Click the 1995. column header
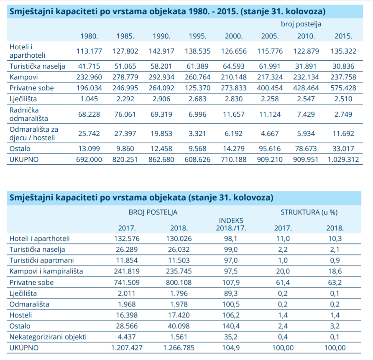pos(197,36)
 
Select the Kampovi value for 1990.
pos(161,77)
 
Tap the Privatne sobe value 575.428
pos(343,88)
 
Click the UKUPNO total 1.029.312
pos(343,159)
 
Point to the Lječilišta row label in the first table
pos(23,99)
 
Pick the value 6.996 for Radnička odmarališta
pos(197,114)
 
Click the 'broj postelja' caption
pos(301,24)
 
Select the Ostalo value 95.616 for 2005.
pos(270,148)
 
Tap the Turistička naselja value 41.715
pos(89,66)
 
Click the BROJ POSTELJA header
pos(153,212)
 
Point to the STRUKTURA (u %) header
pos(309,212)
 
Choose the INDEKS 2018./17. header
pos(231,224)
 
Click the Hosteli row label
pos(20,315)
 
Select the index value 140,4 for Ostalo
pos(231,326)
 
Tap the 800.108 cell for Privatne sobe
pos(179,283)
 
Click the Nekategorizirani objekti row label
pos(48,337)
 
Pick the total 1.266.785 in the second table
pos(179,347)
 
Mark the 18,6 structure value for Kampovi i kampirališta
pos(335,271)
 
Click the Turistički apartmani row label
pos(41,260)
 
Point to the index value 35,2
pos(231,337)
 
